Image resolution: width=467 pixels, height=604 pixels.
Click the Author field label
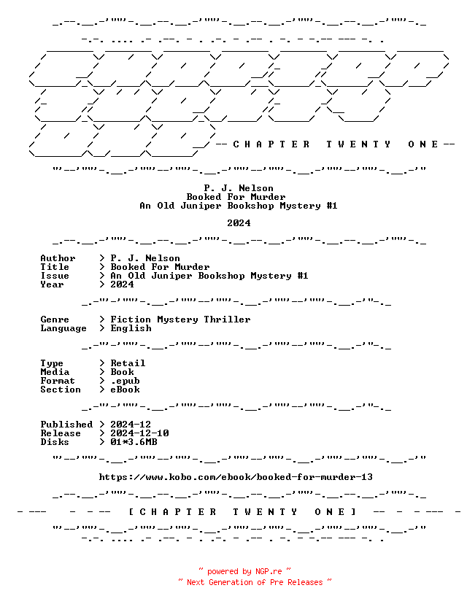click(x=58, y=258)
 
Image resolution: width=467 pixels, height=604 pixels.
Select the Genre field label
click(x=55, y=320)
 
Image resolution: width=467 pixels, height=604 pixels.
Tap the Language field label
click(x=63, y=328)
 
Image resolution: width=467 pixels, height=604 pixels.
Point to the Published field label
click(x=66, y=425)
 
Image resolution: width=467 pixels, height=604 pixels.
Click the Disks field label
click(x=55, y=442)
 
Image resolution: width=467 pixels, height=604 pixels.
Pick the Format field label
click(x=58, y=381)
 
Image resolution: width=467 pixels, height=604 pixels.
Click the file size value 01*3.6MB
click(x=134, y=442)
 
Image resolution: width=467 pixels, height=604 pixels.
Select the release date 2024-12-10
click(x=139, y=433)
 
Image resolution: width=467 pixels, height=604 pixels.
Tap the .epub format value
click(x=126, y=381)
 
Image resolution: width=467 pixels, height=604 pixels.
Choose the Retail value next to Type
click(x=128, y=363)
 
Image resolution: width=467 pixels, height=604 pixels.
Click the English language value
click(x=131, y=328)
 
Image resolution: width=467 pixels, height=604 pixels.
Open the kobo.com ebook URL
click(x=236, y=477)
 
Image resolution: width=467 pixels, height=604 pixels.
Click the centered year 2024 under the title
click(x=239, y=223)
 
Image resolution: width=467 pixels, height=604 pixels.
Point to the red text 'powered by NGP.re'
click(x=244, y=571)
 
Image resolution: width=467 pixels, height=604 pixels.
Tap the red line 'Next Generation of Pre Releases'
click(x=255, y=582)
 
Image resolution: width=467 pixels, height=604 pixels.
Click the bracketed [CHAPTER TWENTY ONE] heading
click(x=242, y=512)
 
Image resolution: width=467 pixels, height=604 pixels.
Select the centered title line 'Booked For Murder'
click(x=236, y=197)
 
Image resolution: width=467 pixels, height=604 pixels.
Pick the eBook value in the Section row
click(x=126, y=390)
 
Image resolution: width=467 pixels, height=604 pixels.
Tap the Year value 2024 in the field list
click(x=122, y=284)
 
